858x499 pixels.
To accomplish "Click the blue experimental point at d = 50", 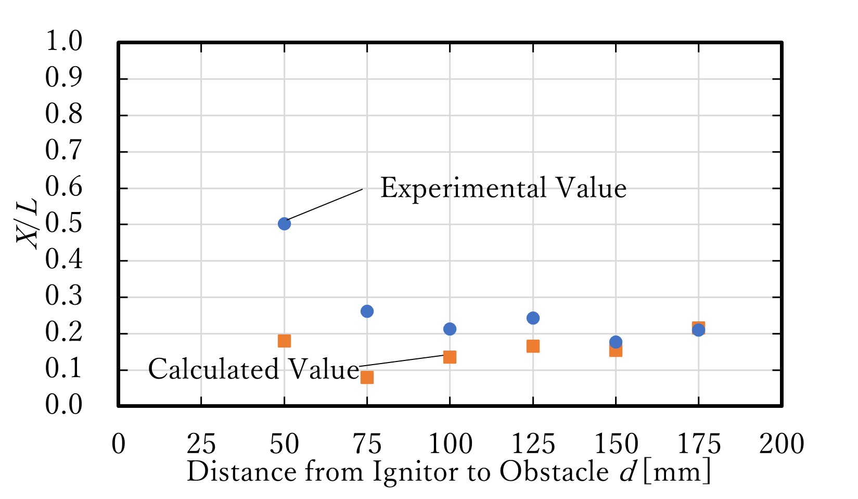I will coord(284,224).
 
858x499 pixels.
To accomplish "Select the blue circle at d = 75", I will coord(367,311).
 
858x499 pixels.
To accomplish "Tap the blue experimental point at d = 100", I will coord(450,329).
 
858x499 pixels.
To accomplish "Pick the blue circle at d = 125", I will coord(533,318).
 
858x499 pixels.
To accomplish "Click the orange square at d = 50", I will coord(284,341).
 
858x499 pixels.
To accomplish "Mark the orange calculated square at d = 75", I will coord(367,377).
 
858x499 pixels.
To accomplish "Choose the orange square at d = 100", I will coord(450,357).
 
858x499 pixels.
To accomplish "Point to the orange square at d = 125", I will coord(533,346).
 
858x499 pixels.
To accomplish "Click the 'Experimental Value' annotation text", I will coord(503,189).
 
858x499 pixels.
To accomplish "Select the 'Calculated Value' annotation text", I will coord(253,369).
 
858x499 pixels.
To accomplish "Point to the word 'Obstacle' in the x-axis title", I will coord(554,472).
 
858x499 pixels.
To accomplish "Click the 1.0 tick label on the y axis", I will coord(64,42).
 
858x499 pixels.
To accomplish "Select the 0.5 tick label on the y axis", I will coord(64,224).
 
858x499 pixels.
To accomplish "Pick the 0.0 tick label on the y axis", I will coord(64,405).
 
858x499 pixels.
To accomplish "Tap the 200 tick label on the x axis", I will coord(782,444).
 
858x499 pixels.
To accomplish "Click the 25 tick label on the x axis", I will coord(201,444).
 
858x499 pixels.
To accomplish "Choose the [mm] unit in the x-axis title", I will coord(676,472).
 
